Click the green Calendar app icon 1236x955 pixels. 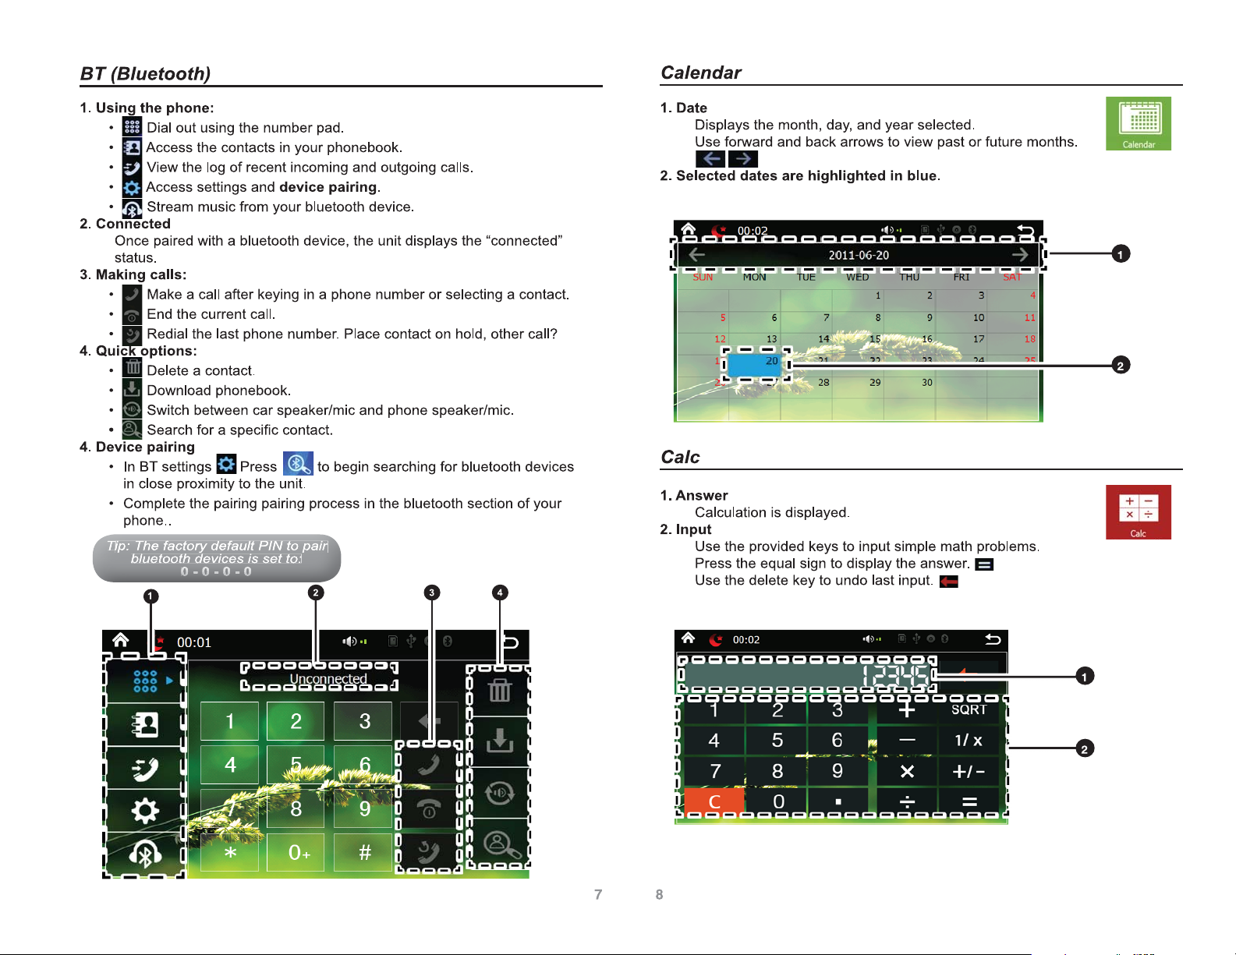click(x=1138, y=123)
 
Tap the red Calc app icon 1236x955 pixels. click(x=1138, y=511)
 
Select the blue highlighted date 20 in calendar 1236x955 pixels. click(x=754, y=363)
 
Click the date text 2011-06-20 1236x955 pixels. click(x=859, y=255)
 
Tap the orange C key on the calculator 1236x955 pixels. click(x=714, y=801)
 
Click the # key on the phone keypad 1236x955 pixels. click(x=364, y=852)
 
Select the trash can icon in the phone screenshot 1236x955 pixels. click(x=499, y=690)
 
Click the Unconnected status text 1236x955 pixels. click(x=328, y=679)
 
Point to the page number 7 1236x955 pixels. click(x=598, y=894)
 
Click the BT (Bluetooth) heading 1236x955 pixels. click(x=146, y=73)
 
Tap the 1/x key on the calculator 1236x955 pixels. click(x=969, y=740)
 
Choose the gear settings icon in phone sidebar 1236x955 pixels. click(x=145, y=811)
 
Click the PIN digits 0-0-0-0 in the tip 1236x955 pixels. click(x=216, y=571)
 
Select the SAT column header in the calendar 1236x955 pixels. click(x=1011, y=277)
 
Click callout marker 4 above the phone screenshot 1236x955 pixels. click(x=500, y=592)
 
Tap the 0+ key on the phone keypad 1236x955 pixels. click(x=299, y=852)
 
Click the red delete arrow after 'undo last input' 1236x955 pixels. click(x=949, y=581)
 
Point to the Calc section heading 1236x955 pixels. click(x=680, y=457)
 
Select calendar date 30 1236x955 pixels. click(x=926, y=383)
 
